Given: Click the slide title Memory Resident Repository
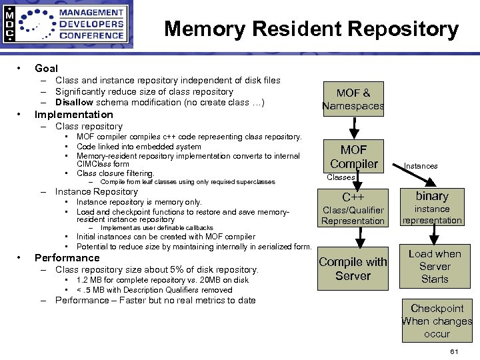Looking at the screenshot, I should coord(311,29).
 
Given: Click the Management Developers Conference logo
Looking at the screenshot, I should coord(66,25).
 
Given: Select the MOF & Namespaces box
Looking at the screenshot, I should coord(353,99).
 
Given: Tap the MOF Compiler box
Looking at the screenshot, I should coord(353,156).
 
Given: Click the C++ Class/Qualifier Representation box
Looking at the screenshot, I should coord(353,208).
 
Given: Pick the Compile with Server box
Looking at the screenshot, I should coord(353,269).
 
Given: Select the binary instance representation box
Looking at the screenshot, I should coord(432,207).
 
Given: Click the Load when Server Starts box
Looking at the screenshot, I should coord(434,266).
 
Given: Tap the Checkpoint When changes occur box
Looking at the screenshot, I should coord(437,321).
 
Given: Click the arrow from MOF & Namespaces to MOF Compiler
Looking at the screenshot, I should coord(353,127).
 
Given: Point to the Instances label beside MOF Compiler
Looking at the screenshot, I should coord(421,166).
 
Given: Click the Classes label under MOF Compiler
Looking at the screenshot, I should coord(341,177).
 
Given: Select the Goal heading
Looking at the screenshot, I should coord(46,68).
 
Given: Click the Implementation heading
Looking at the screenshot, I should coord(73,114).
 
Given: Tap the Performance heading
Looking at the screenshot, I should coord(67,258).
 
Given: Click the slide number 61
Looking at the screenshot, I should coord(455,351).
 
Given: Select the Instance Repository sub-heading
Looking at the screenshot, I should coord(96,192).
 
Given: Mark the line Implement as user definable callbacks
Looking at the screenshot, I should coord(157,228).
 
